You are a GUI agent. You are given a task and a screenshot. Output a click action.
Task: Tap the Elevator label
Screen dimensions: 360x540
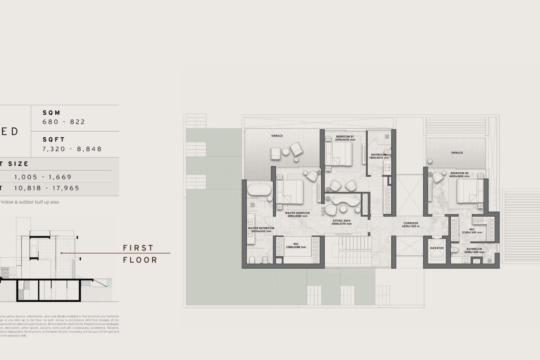click(x=437, y=248)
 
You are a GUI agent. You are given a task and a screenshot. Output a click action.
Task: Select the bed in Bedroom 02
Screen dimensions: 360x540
click(x=467, y=191)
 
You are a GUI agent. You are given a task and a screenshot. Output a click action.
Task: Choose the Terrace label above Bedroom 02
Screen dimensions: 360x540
click(x=457, y=153)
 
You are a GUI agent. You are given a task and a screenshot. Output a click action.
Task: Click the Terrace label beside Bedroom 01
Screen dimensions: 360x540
click(x=277, y=136)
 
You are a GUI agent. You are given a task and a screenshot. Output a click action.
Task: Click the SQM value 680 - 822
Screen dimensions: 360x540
click(x=64, y=122)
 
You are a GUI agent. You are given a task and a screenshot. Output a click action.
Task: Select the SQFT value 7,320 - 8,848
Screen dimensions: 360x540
click(x=72, y=149)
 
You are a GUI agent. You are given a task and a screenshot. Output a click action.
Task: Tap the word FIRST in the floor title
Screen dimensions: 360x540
click(x=138, y=248)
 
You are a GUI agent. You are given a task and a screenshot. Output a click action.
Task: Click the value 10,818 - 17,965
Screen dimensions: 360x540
click(x=47, y=188)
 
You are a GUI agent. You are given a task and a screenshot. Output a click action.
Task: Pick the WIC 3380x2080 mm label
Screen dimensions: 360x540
click(x=296, y=246)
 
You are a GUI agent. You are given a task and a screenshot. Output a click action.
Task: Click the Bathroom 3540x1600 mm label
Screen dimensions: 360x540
click(x=474, y=250)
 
